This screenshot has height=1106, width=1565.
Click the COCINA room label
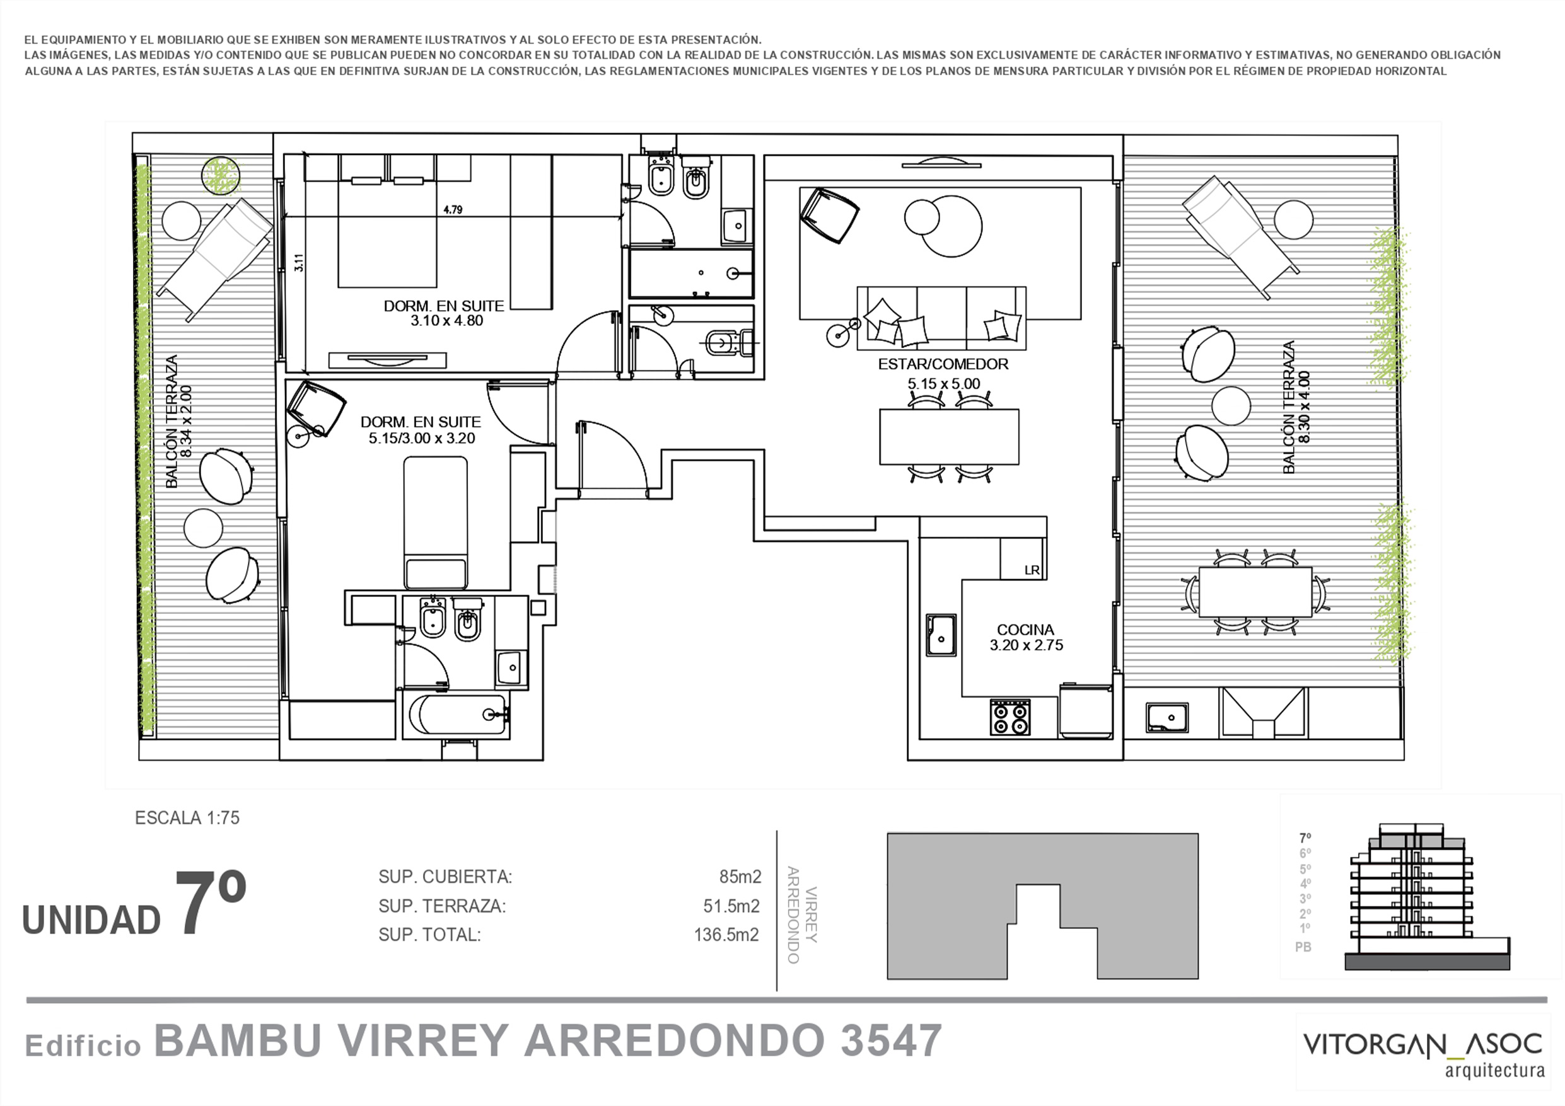coord(1025,630)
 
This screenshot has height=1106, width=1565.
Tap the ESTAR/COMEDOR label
coord(943,364)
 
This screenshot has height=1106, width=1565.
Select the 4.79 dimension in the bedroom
coord(453,210)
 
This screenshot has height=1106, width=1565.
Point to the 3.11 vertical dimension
coord(298,263)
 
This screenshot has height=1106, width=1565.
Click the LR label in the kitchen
coord(1032,570)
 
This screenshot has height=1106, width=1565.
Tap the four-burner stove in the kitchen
coord(1010,718)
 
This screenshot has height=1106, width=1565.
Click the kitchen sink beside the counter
coord(941,635)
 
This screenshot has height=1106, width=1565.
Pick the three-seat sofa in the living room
coord(941,318)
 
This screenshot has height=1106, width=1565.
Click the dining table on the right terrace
coord(1255,592)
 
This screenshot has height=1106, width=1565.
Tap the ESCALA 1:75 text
coord(187,818)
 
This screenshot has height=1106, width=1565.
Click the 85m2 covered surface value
coord(740,877)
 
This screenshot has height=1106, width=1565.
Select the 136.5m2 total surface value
coord(726,935)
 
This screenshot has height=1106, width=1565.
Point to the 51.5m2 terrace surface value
coord(731,906)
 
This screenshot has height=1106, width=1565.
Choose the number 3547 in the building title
coord(891,1040)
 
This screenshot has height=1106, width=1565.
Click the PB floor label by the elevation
coord(1303,947)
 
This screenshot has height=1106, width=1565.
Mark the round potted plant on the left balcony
coord(221,176)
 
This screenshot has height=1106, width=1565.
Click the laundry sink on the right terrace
coord(1166,718)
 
